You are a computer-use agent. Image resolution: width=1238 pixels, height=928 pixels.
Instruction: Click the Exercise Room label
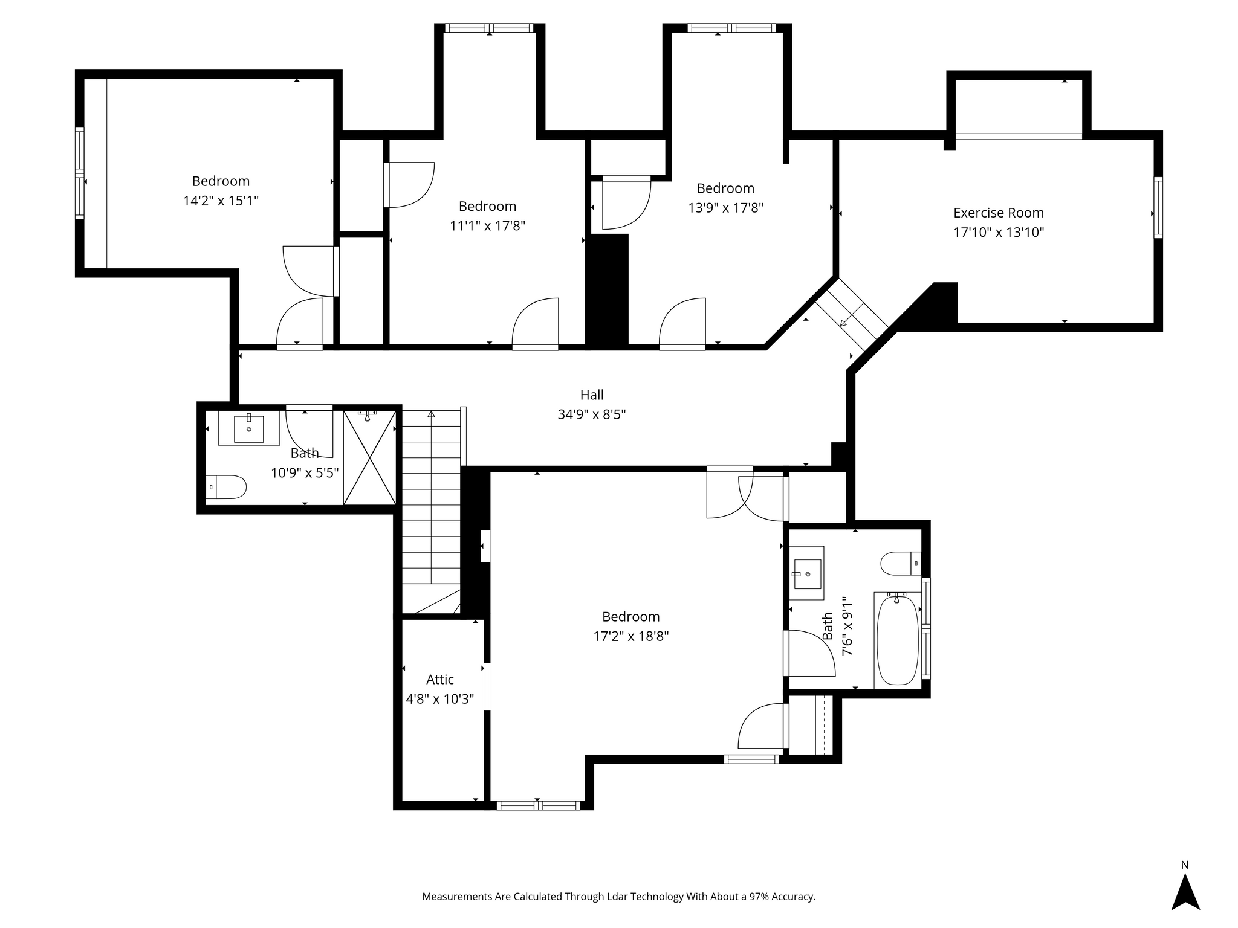pos(999,213)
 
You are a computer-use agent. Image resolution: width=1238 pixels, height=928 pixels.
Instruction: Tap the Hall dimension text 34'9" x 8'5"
pos(592,414)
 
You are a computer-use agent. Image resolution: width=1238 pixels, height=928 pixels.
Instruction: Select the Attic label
pos(440,680)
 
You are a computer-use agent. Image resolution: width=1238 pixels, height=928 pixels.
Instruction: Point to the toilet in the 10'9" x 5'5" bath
pos(227,487)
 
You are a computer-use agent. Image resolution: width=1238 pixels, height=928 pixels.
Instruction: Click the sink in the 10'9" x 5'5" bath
pos(249,428)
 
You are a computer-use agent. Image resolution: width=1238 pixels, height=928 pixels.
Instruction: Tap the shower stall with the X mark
pos(370,457)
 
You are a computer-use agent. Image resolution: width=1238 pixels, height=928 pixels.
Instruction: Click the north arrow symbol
pos(1185,892)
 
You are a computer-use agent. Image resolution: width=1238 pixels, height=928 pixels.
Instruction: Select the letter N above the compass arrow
pos(1185,865)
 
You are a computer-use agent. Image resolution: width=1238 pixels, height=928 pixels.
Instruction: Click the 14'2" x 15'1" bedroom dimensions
pos(221,201)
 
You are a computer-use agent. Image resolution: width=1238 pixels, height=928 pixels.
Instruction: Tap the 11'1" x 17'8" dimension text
pos(488,226)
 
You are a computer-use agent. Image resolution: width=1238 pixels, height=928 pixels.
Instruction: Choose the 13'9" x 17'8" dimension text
pos(725,208)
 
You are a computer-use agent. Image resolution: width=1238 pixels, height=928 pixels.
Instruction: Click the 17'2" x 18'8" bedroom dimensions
pos(631,636)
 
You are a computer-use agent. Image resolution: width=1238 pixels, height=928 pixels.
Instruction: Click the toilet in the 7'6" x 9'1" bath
pos(901,564)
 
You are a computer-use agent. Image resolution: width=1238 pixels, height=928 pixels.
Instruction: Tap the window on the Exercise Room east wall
pos(1158,207)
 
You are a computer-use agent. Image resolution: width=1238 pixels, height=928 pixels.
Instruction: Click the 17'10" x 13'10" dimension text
pos(999,233)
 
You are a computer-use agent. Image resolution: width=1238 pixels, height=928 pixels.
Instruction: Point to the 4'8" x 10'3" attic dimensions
pos(440,700)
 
